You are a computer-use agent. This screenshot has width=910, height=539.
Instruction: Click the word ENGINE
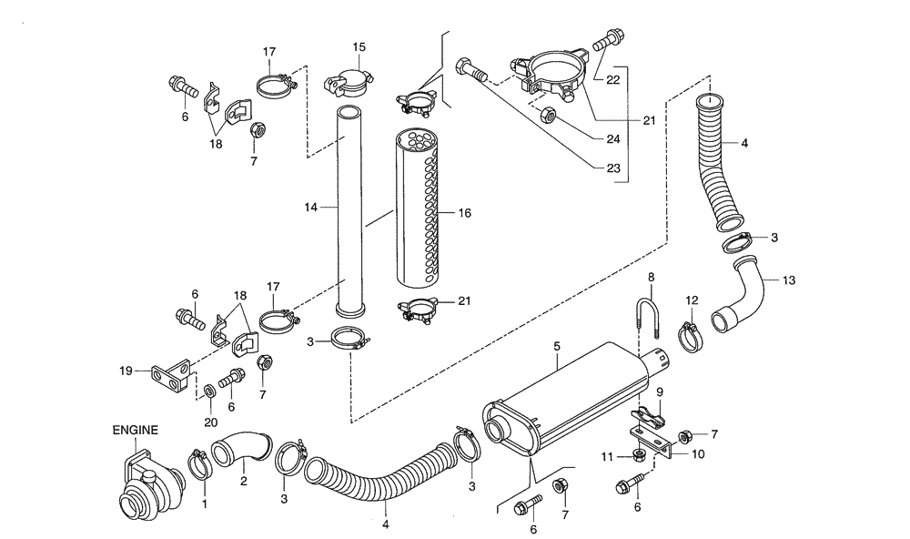(x=136, y=429)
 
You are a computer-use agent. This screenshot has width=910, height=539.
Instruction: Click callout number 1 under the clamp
(x=204, y=504)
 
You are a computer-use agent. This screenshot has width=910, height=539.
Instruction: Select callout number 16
(x=464, y=213)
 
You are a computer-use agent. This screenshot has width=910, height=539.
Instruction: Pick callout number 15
(x=359, y=46)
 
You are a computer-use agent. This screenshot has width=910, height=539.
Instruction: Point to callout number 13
(x=788, y=280)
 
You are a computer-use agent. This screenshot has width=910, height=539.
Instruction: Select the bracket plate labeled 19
(x=172, y=377)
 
